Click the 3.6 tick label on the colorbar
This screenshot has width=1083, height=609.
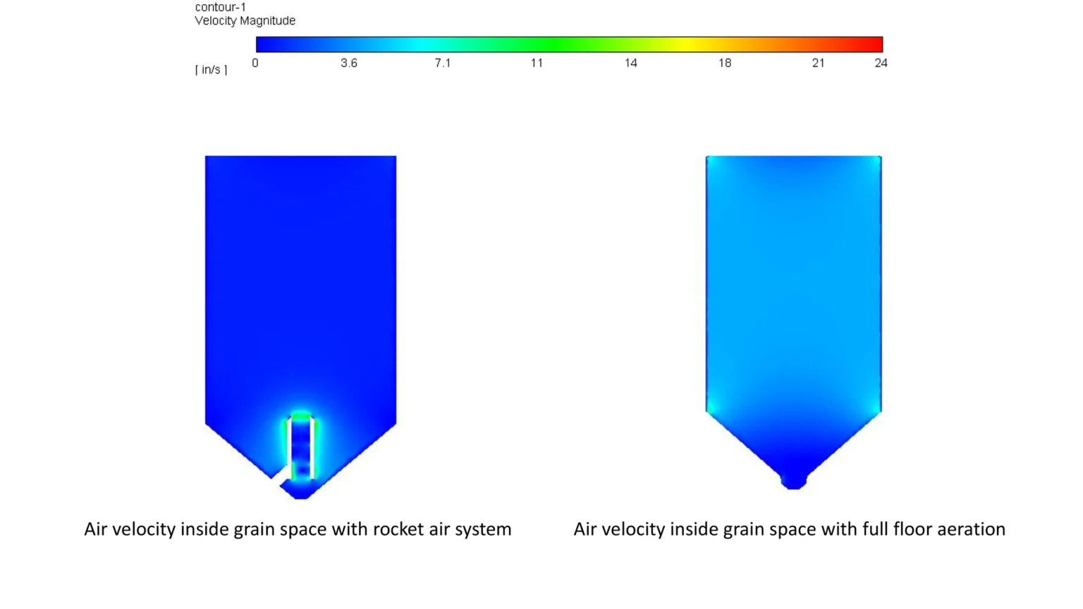(x=348, y=63)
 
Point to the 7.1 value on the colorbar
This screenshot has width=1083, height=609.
(x=442, y=63)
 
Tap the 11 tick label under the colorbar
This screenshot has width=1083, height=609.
(x=537, y=63)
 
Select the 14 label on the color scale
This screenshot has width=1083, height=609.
(x=630, y=63)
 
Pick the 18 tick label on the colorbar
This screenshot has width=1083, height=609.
(x=725, y=63)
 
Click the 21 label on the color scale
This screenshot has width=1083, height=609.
(x=818, y=63)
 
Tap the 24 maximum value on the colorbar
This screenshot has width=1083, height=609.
(x=881, y=63)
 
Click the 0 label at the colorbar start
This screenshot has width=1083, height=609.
(x=255, y=63)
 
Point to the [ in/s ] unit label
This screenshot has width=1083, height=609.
(x=212, y=70)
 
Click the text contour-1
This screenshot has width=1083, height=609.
(x=221, y=7)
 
